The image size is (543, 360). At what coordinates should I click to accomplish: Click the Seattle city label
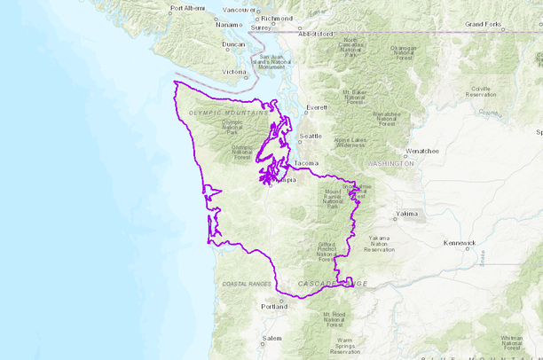[x=311, y=136]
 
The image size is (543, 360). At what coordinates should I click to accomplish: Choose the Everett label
[x=317, y=108]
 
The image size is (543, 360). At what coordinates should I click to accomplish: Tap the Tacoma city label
[x=306, y=164]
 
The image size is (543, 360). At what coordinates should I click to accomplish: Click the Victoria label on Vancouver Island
[x=233, y=72]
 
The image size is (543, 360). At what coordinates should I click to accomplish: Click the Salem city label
[x=271, y=339]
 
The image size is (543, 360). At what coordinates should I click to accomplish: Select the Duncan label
[x=232, y=44]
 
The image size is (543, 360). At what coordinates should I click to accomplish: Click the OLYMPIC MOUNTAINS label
[x=228, y=113]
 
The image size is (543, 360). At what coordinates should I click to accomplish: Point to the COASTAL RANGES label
[x=247, y=284]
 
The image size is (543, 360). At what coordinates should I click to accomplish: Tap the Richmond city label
[x=276, y=18]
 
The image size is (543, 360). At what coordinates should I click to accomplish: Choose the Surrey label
[x=261, y=27]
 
